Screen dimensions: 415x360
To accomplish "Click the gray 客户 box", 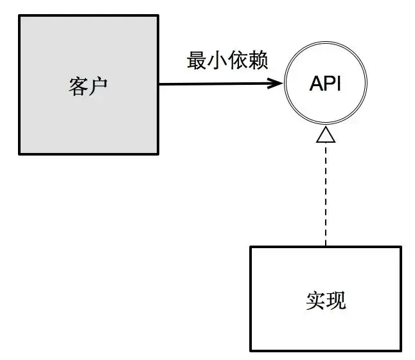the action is point(89,85).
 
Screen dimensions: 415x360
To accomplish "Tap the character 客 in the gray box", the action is point(78,86).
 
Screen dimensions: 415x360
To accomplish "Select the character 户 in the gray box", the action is point(98,86).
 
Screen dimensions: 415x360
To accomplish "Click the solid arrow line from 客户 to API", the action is point(221,84).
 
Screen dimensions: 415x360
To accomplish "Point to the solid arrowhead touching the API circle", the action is point(275,84).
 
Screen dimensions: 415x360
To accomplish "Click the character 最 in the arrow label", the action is point(197,60).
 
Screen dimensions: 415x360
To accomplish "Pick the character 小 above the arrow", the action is point(217,60).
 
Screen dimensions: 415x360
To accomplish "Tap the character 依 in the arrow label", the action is point(238,60).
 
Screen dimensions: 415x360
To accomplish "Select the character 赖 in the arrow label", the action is point(258,60).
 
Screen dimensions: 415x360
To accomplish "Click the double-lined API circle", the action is point(326,42).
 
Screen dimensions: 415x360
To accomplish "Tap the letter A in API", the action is point(317,84).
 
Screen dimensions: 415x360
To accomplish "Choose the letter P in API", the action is point(331,84).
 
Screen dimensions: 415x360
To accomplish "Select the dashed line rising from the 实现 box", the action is point(326,194).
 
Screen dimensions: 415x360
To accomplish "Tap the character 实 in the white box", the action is point(316,300).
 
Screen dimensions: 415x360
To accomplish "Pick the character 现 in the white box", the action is point(336,300).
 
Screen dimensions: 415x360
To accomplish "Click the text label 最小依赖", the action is point(227,60).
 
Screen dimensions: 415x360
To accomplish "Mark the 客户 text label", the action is point(88,86).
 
